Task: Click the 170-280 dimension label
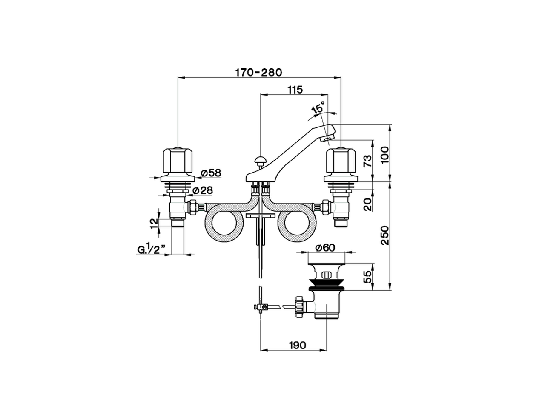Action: pos(258,72)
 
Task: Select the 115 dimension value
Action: pos(295,90)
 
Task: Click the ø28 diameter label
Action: pos(203,190)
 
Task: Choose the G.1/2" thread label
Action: pos(151,250)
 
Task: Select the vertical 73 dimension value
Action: pos(367,160)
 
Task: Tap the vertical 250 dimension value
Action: pos(384,235)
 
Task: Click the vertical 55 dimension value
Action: pos(368,277)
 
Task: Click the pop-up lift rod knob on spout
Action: pos(259,160)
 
